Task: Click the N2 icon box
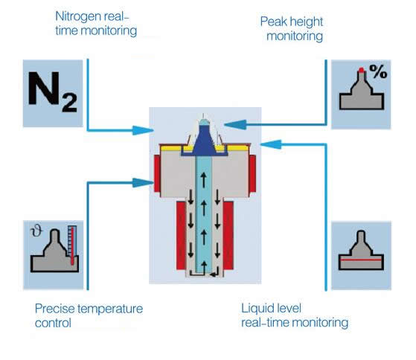[x=53, y=93]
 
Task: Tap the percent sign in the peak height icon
[x=378, y=71]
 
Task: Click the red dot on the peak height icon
[x=361, y=70]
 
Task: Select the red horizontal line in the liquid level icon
[x=361, y=260]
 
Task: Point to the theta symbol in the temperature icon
[x=36, y=231]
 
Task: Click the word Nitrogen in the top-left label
[x=78, y=16]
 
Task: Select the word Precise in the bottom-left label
[x=54, y=309]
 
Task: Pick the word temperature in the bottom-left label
[x=110, y=309]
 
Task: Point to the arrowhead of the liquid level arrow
[x=271, y=144]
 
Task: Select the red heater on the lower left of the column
[x=182, y=236]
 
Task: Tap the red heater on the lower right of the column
[x=228, y=236]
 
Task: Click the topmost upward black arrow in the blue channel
[x=203, y=180]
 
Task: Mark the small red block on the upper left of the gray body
[x=157, y=173]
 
